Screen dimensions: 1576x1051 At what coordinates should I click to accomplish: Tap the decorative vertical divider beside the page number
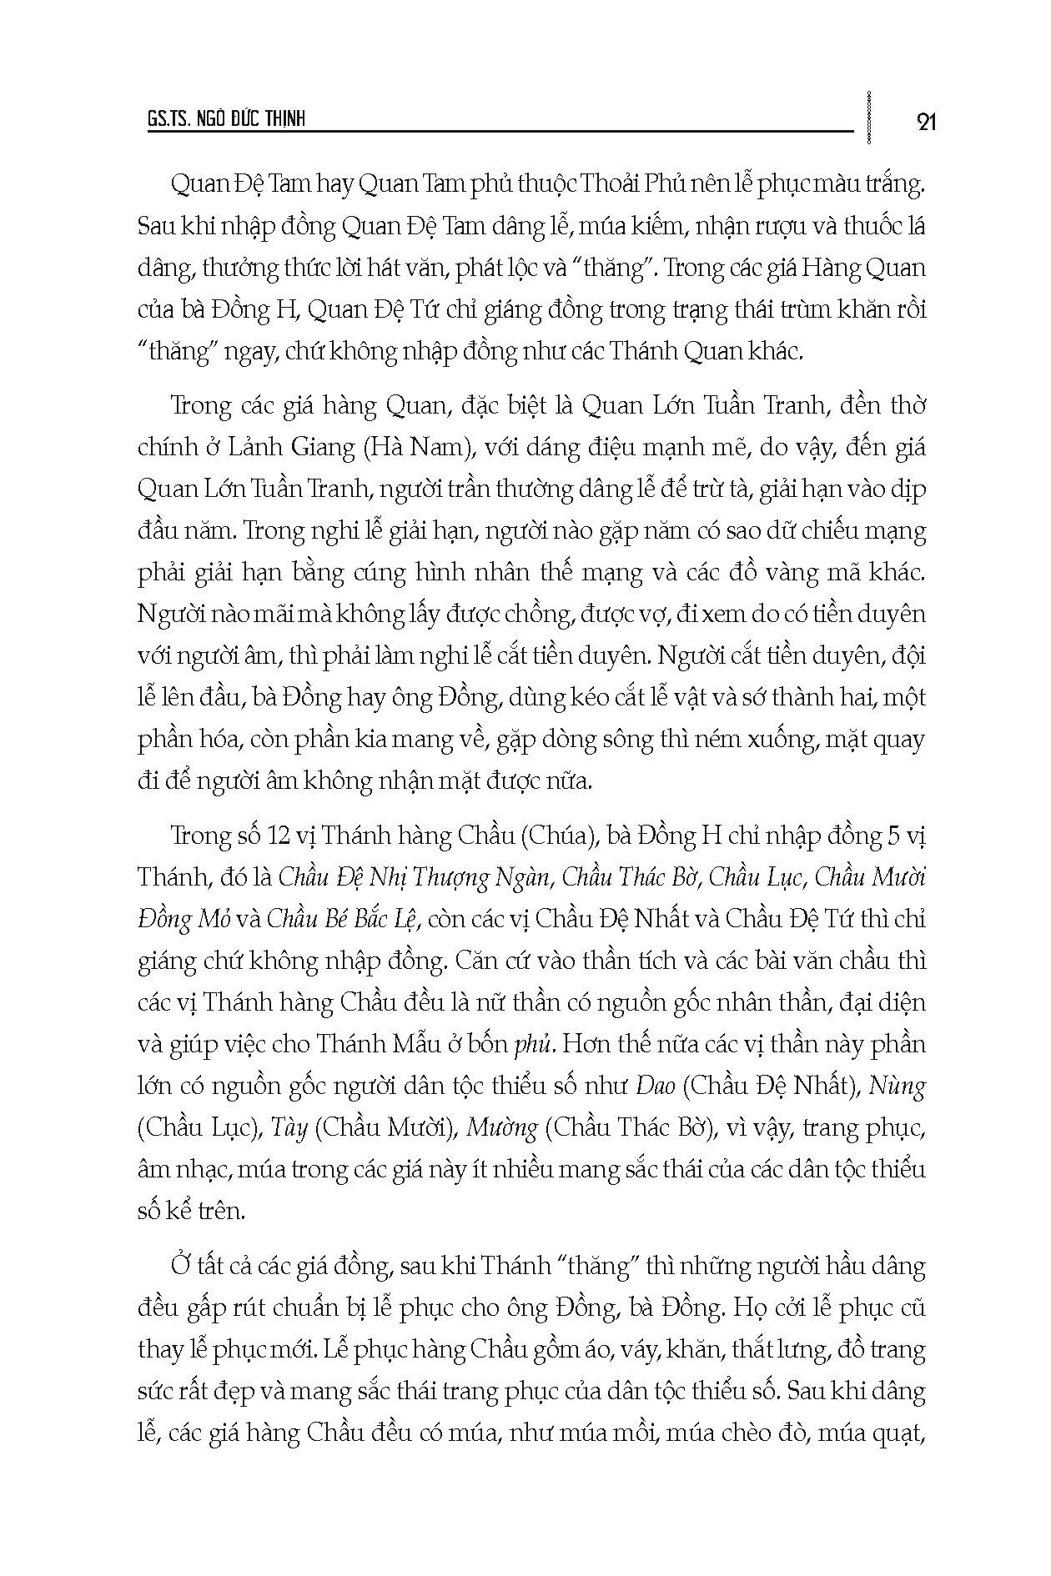pyautogui.click(x=870, y=118)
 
